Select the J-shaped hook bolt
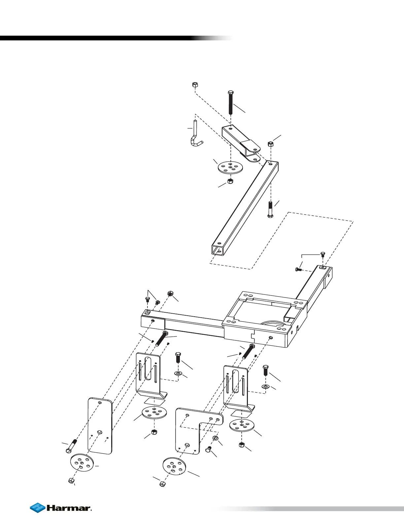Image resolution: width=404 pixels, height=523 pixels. pyautogui.click(x=195, y=135)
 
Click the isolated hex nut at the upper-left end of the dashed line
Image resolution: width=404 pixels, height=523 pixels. pyautogui.click(x=195, y=85)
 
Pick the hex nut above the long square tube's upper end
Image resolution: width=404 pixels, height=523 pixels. pyautogui.click(x=270, y=144)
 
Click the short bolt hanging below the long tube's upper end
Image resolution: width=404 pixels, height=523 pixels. pyautogui.click(x=270, y=210)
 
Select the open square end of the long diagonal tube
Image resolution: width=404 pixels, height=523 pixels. pyautogui.click(x=218, y=250)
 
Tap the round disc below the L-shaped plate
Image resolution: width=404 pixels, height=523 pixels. pyautogui.click(x=175, y=466)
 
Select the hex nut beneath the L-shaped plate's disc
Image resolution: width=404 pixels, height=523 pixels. pyautogui.click(x=162, y=484)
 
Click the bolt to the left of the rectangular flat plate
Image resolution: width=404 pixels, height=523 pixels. pyautogui.click(x=72, y=445)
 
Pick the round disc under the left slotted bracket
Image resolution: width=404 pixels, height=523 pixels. pyautogui.click(x=154, y=413)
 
